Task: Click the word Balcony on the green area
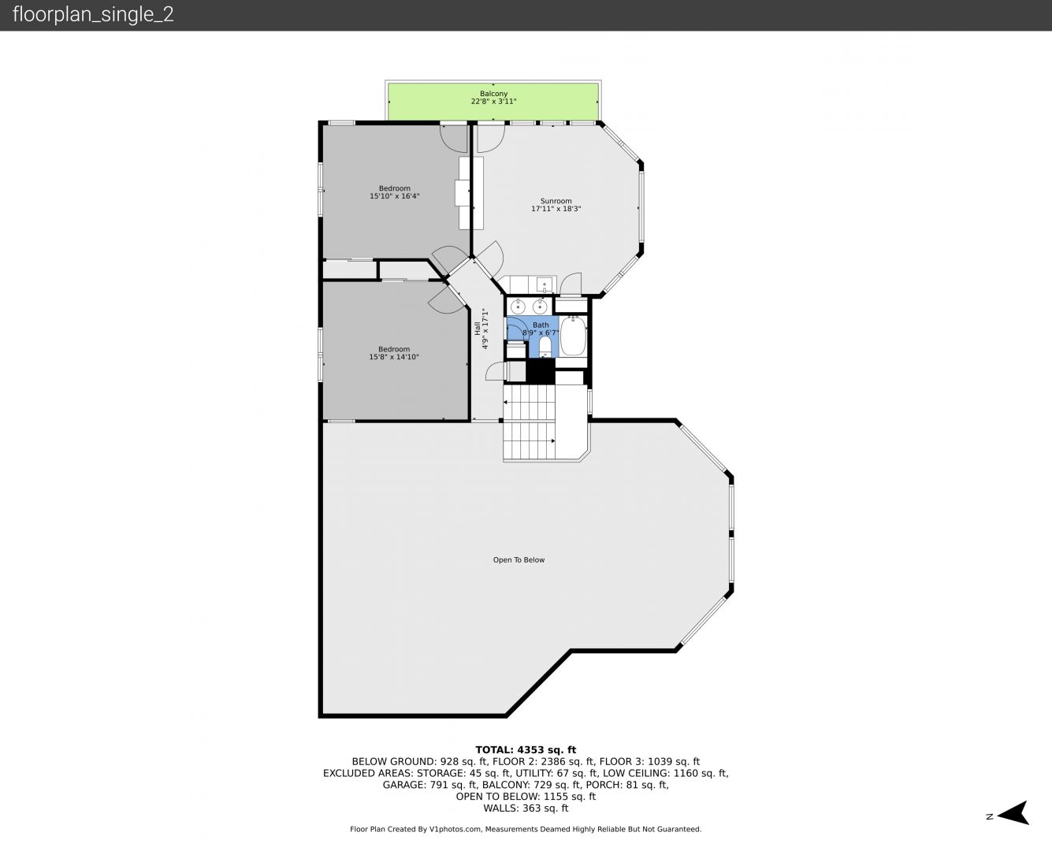493,93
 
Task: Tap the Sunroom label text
556,201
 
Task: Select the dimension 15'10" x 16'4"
395,196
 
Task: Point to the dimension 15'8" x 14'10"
394,357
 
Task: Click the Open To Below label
519,559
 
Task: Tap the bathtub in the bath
573,336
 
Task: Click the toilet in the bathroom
545,347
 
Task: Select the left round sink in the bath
518,307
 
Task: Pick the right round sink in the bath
540,307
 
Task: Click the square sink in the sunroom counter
545,285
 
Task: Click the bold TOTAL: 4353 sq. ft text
526,750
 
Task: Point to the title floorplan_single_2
93,14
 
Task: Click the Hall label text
477,329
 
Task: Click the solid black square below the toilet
541,370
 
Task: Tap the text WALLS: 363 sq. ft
526,808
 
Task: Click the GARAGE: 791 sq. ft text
429,785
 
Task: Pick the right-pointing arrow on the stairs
553,440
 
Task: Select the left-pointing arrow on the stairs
506,403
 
